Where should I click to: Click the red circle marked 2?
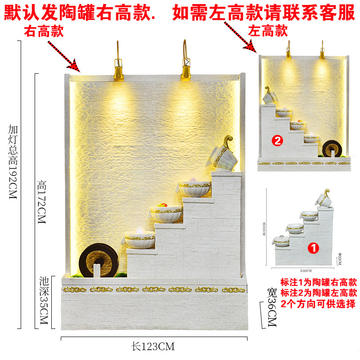coord(278,140)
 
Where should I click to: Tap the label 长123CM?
coord(153,346)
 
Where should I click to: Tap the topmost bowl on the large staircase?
coord(195,188)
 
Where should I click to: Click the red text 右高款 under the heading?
coord(44,32)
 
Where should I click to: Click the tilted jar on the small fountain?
coord(271,95)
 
